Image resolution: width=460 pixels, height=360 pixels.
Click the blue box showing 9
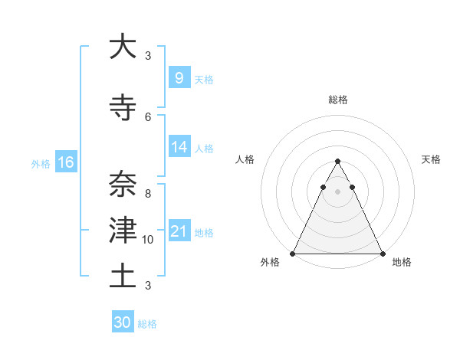(179, 77)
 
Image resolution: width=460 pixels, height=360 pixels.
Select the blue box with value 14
(179, 147)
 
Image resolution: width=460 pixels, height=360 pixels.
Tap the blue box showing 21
(179, 231)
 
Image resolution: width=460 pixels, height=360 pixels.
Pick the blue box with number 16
(65, 162)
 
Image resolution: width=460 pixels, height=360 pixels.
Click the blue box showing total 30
(122, 322)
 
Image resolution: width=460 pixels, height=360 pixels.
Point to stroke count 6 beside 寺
(148, 116)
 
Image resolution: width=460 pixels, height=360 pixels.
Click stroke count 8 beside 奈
(148, 194)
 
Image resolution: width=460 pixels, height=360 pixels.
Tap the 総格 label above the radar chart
(337, 100)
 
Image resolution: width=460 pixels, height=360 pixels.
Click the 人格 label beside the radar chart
(245, 159)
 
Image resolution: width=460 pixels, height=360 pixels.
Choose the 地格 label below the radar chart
(402, 262)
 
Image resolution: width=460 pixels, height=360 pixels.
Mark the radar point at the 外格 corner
(293, 254)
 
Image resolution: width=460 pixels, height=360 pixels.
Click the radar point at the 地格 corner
(382, 254)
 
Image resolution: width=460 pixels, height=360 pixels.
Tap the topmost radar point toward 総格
(337, 162)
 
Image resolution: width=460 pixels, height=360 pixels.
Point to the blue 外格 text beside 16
(41, 163)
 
